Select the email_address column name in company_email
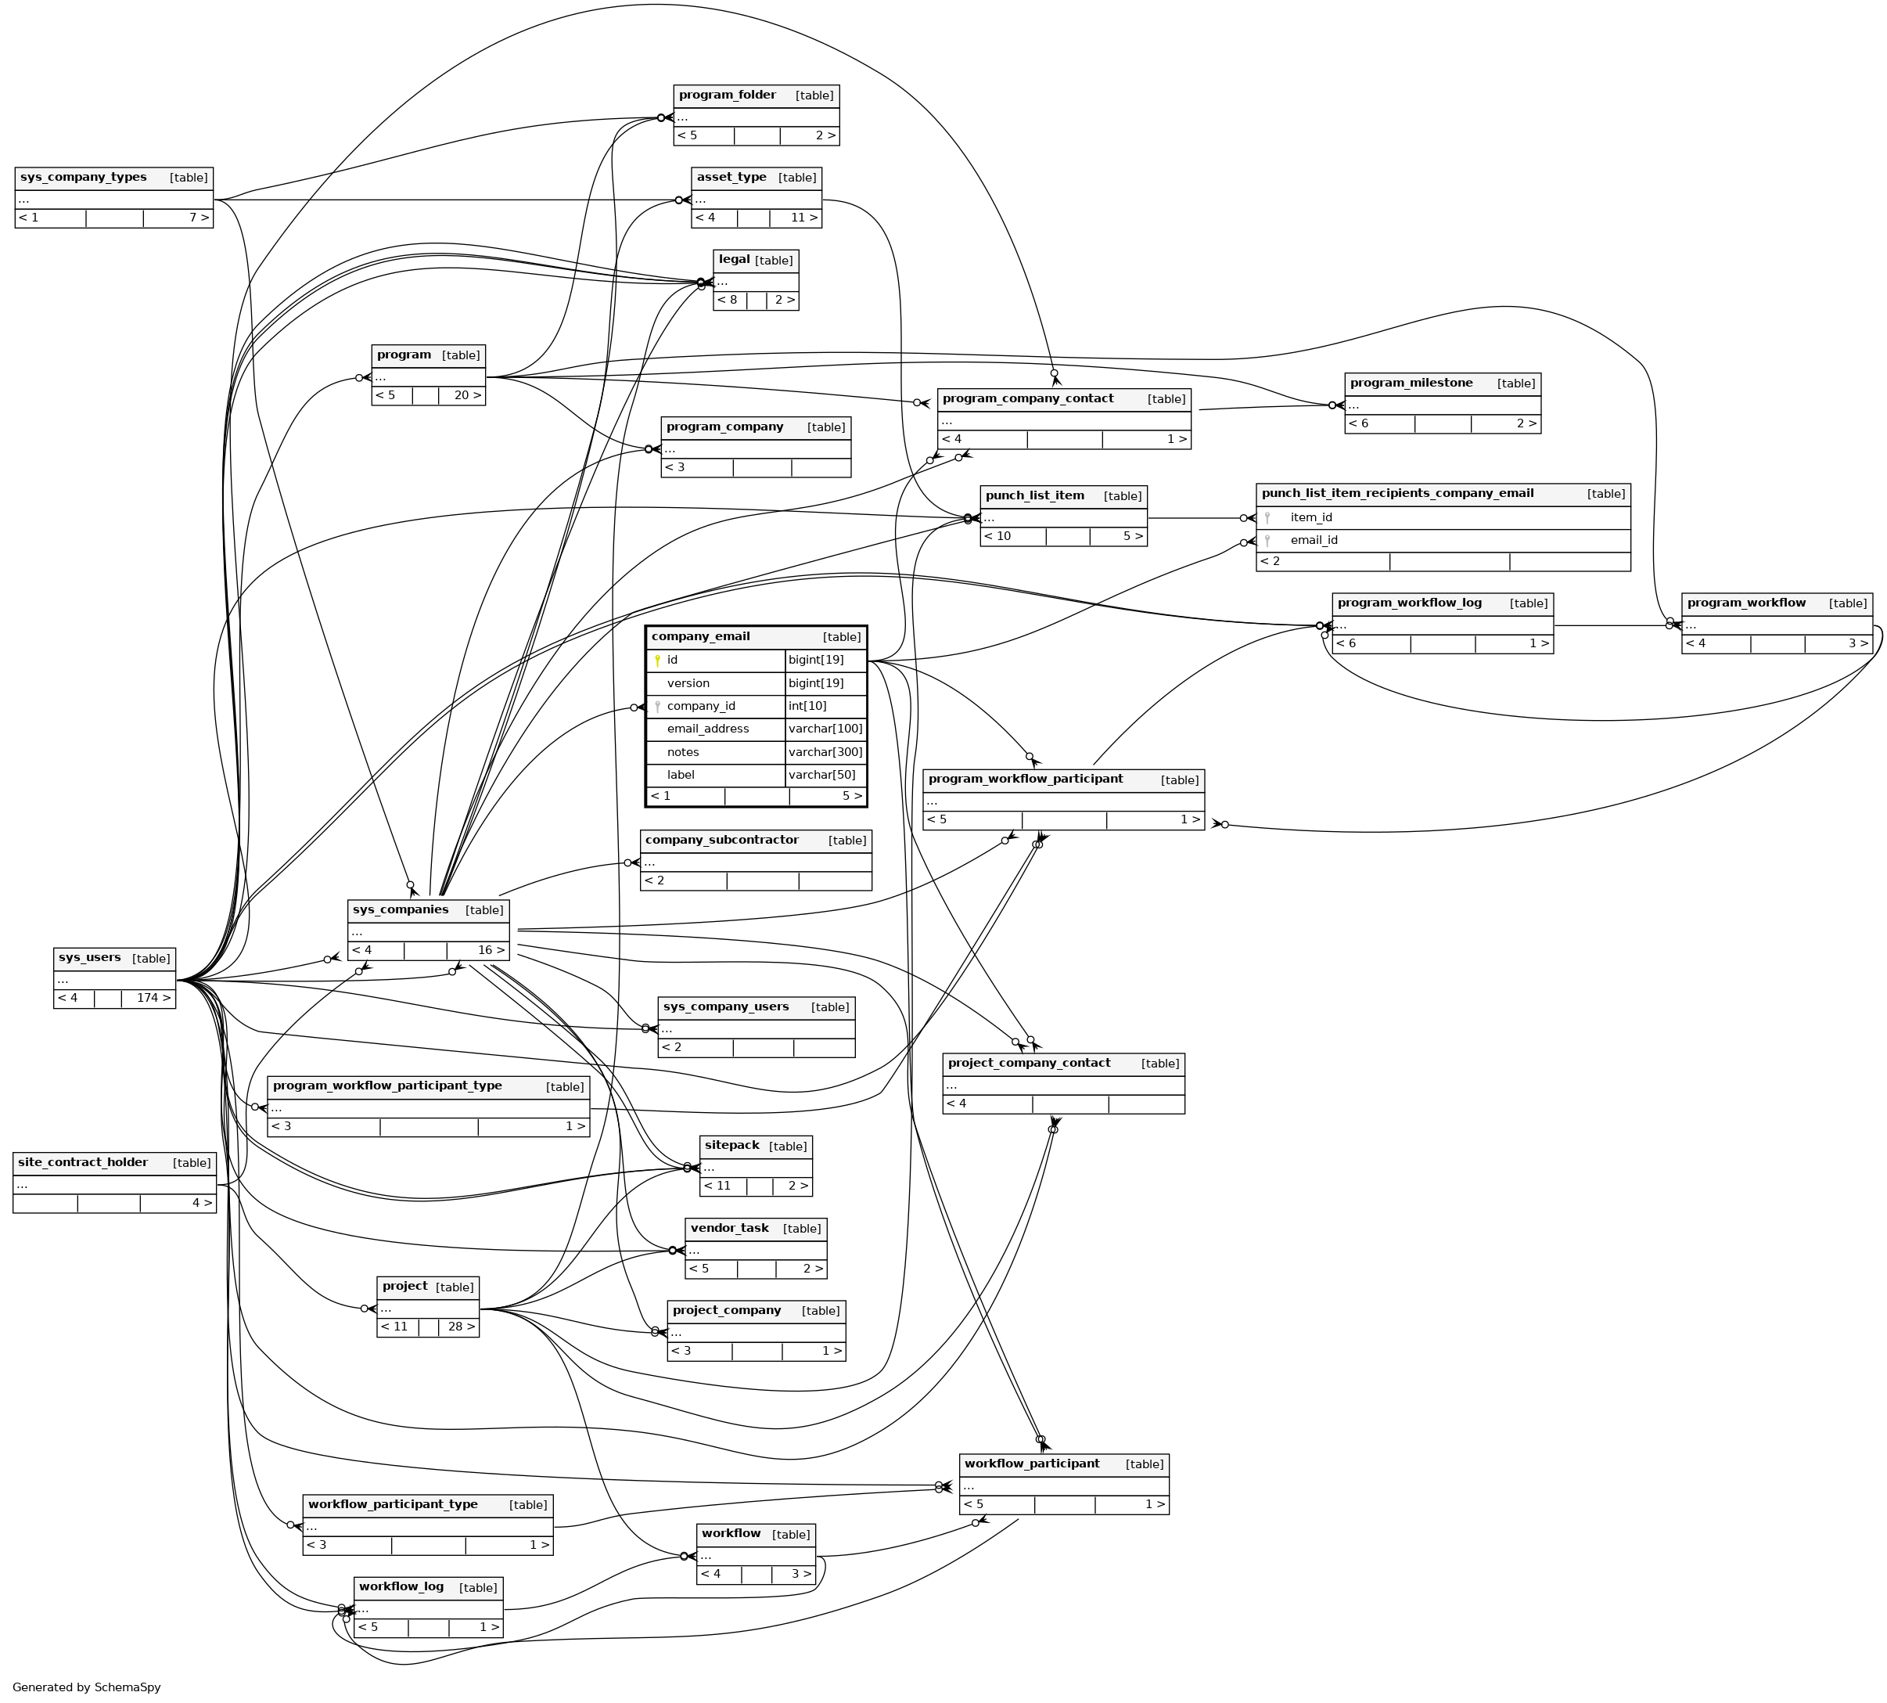pos(707,729)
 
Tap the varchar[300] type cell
pos(825,752)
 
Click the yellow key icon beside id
pos(658,661)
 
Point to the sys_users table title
pos(90,958)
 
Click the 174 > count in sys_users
pos(153,999)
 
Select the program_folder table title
pos(727,95)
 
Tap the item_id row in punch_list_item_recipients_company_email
pos(1310,517)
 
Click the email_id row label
pos(1314,540)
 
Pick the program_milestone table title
pos(1411,383)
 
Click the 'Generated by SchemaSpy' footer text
pos(86,1687)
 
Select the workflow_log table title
pos(401,1587)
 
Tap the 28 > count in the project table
pos(460,1327)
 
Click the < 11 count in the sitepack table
pos(717,1186)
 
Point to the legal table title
pos(735,260)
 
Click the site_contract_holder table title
pos(82,1163)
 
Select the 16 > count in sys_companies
pos(491,951)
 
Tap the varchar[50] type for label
pos(821,775)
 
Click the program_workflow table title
pos(1745,603)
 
